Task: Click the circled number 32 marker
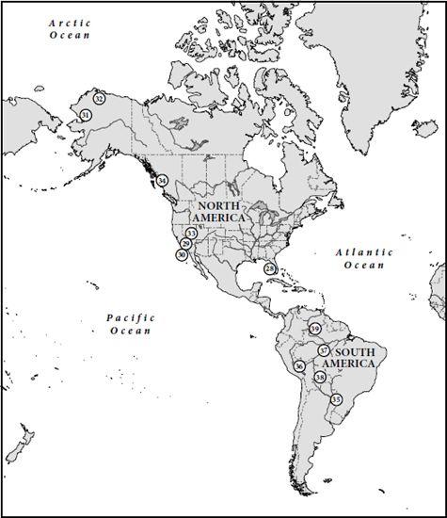click(99, 98)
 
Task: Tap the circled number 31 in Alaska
click(86, 115)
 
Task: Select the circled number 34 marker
click(163, 180)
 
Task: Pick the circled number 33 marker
click(191, 233)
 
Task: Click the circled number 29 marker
click(186, 244)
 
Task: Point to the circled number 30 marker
click(182, 254)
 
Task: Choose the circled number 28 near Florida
click(269, 268)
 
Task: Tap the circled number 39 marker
click(315, 329)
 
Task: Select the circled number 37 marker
click(323, 349)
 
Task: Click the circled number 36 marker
click(299, 365)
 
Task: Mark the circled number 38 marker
click(320, 378)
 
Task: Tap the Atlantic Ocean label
click(362, 259)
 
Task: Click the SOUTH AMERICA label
click(349, 358)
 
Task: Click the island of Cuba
click(281, 279)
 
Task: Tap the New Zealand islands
click(20, 443)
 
